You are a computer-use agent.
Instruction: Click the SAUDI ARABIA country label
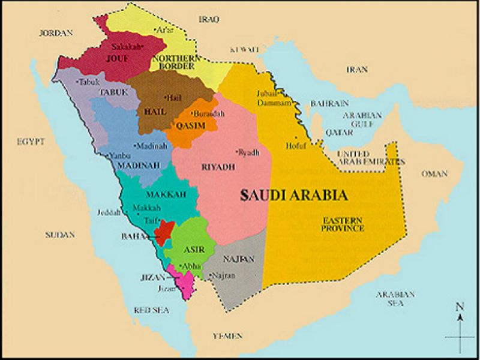pos(293,195)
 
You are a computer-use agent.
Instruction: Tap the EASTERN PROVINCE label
pos(342,224)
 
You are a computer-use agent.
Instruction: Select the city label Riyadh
pos(249,153)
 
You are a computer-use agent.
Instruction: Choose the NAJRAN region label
pos(239,259)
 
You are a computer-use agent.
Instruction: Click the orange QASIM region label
pos(190,125)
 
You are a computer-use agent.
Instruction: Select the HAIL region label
pos(155,112)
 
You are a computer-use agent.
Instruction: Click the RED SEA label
pos(152,310)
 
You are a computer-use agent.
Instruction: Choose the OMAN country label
pos(434,174)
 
